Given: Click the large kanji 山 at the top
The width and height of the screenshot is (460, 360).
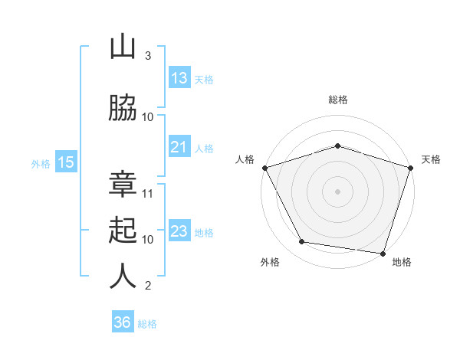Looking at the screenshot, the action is [x=123, y=47].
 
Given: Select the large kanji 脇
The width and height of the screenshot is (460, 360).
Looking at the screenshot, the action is [x=123, y=108].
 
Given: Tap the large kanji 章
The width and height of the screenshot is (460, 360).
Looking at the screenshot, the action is [x=123, y=184].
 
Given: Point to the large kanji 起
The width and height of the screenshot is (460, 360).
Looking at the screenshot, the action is [x=123, y=230].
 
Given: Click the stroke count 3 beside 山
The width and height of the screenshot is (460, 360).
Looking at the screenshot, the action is [x=148, y=56].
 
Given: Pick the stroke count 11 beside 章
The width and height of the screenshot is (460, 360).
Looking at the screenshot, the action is [x=147, y=194].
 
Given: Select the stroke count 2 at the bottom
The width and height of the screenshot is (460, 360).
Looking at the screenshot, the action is [x=148, y=286].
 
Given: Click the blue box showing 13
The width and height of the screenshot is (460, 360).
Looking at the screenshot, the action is [x=180, y=77].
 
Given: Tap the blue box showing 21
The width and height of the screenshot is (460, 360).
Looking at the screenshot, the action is [x=180, y=146].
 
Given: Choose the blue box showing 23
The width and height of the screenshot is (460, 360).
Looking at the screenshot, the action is [x=180, y=230].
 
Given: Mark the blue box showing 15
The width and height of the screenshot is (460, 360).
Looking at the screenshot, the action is [x=66, y=162].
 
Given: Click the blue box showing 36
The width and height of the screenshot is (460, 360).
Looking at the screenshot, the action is [x=123, y=321].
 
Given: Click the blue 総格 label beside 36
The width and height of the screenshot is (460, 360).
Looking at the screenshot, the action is [x=147, y=324].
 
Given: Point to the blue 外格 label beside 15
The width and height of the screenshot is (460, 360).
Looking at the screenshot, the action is [x=41, y=164].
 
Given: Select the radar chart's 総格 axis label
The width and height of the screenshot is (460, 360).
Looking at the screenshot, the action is [x=338, y=100].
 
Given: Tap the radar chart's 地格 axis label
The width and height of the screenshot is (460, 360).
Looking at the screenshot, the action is [x=402, y=262].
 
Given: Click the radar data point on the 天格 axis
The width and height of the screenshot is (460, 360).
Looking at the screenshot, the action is [x=411, y=168].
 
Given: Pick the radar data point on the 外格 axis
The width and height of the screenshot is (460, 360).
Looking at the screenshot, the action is [x=302, y=241].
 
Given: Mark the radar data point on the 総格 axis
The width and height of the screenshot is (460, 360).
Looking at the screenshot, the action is [x=337, y=146].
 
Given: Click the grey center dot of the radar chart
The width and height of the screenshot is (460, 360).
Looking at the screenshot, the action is [x=337, y=191].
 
